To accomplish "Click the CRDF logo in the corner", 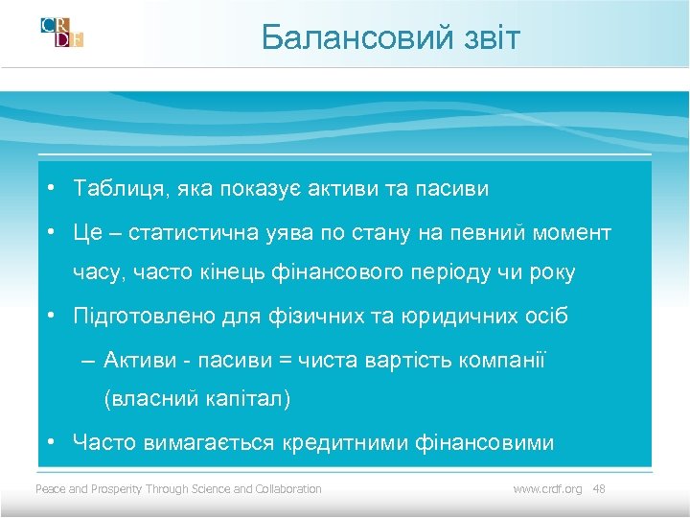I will point(62,34).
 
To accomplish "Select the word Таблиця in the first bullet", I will point(118,189).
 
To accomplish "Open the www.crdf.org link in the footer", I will point(547,489).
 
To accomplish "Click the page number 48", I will point(599,489).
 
